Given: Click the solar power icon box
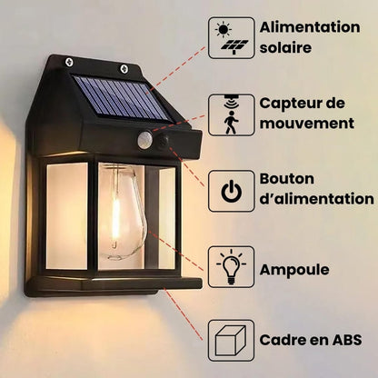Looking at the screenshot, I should [231, 38].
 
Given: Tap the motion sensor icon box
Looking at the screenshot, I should [231, 114].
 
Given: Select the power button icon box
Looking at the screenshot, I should [231, 190].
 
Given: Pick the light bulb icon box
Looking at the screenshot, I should [231, 266].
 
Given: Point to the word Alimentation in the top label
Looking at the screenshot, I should [310, 26].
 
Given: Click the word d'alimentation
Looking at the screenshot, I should [317, 199].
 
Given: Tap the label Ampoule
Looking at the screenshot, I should [294, 269].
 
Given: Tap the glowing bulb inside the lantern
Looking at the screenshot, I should [122, 214].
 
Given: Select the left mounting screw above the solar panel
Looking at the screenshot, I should [70, 62].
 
